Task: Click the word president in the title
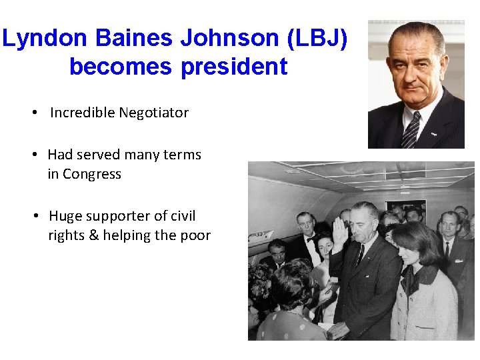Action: [234, 67]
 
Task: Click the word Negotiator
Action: [153, 113]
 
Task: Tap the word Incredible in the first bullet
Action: [82, 113]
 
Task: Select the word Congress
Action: [94, 175]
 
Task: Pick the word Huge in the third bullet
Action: [65, 216]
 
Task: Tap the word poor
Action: [196, 235]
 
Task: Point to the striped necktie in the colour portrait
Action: [411, 129]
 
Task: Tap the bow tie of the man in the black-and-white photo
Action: [309, 238]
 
